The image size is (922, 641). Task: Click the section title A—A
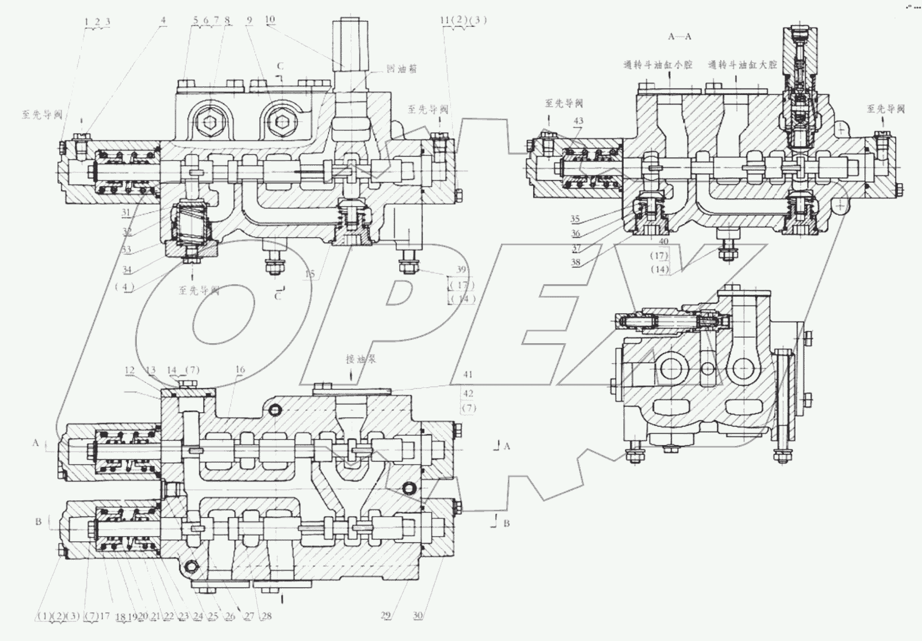point(679,37)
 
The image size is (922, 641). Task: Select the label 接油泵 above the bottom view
point(360,360)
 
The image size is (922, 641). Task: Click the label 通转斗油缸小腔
point(658,64)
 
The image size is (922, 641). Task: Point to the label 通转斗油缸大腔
point(742,64)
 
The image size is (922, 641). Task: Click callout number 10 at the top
point(270,20)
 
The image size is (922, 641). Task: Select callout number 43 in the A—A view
point(578,121)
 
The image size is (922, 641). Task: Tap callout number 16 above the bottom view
point(240,370)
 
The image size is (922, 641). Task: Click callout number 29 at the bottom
point(385,615)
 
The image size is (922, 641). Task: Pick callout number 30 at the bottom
point(418,615)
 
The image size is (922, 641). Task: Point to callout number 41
point(467,374)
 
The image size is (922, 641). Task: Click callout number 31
point(126,212)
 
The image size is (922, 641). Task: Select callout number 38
point(575,262)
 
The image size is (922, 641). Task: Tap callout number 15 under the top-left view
point(310,274)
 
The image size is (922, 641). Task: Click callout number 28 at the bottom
point(266,616)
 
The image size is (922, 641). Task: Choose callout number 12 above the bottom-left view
point(129,370)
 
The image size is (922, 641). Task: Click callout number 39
point(461,269)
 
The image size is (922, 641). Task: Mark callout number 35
point(575,219)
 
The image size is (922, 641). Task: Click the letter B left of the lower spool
point(38,522)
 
